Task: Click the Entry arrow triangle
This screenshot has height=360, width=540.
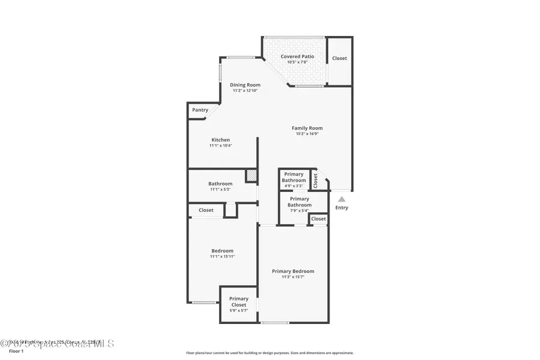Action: pos(341,199)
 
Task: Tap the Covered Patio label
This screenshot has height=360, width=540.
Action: pos(298,56)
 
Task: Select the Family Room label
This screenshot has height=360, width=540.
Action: pos(307,128)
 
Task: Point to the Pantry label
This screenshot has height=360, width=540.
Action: pos(200,110)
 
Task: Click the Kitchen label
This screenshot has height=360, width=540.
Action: pos(220,140)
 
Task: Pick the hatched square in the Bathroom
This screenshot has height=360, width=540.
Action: pos(251,175)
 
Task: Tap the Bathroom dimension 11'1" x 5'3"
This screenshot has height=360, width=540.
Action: pos(220,190)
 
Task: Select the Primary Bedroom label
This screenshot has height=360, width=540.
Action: pos(293,271)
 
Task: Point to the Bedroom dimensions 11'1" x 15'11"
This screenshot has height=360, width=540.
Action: pos(222,257)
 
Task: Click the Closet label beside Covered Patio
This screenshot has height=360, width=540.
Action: pos(340,58)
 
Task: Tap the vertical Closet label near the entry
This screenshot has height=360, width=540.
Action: pos(316,180)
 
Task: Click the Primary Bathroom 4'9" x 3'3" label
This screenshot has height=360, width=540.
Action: pos(294,177)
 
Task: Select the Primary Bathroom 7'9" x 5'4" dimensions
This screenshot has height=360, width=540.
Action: pos(299,211)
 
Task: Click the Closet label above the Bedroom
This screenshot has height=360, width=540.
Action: pos(206,210)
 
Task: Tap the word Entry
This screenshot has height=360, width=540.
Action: pos(341,208)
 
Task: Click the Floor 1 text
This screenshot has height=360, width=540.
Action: pos(16,351)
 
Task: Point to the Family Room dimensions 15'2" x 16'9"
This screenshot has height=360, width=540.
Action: pos(307,134)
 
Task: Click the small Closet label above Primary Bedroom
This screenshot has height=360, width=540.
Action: pos(319,219)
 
